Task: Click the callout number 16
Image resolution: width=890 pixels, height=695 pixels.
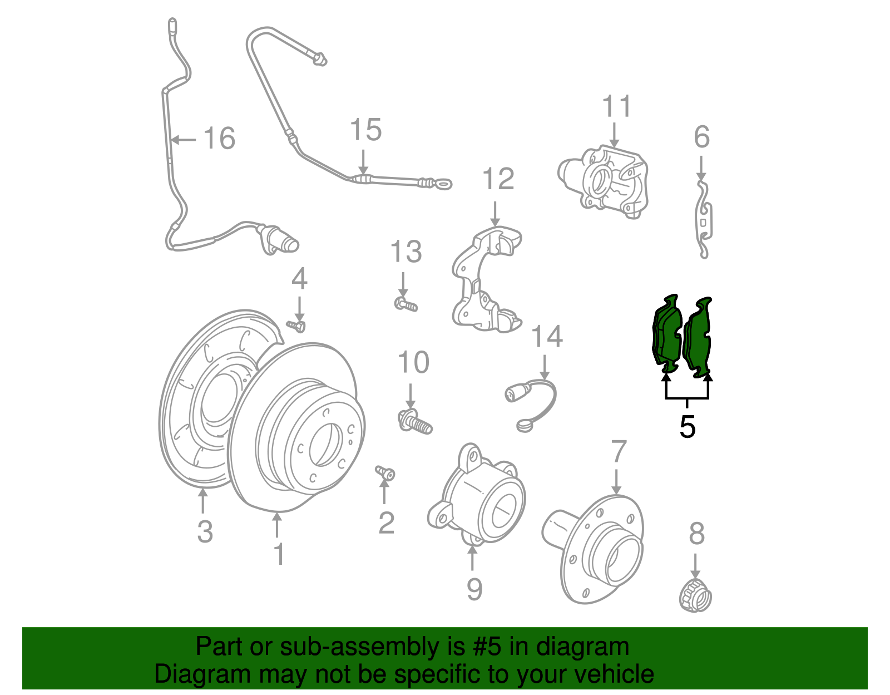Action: click(x=219, y=139)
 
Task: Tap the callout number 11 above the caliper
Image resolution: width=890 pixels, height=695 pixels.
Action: click(x=617, y=106)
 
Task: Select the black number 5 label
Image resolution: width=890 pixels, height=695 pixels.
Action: click(x=688, y=427)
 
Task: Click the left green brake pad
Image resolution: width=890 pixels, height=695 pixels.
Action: click(x=667, y=334)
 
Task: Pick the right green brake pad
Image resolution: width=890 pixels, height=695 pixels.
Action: click(x=699, y=337)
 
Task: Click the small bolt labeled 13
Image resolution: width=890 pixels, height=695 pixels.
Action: click(x=406, y=304)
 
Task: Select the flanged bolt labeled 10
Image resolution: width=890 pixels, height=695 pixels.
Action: click(x=415, y=422)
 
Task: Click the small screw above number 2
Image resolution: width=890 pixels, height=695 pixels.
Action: click(x=385, y=473)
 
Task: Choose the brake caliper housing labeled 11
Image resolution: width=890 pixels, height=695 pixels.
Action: click(x=606, y=181)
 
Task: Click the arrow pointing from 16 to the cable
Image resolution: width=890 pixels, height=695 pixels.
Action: click(x=184, y=139)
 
